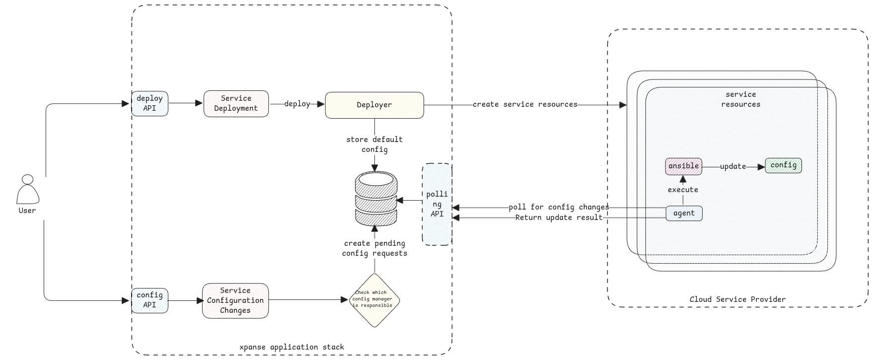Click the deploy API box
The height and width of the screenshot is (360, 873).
149,103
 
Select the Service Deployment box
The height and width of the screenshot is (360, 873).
236,103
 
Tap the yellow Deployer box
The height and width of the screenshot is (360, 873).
374,105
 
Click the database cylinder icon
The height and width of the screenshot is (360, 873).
376,198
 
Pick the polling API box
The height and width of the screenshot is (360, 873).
437,204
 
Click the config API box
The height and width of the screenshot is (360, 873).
149,300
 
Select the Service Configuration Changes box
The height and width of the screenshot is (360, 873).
235,300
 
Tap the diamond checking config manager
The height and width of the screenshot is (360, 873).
374,300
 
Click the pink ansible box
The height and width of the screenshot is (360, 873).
683,166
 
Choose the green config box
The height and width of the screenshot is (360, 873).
783,165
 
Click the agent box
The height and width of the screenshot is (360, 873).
684,213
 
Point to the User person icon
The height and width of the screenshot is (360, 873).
28,190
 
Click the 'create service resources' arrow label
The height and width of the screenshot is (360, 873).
525,104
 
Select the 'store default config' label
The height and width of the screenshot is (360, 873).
374,144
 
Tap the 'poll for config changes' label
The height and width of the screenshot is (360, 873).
559,207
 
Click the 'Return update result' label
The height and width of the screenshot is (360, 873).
559,217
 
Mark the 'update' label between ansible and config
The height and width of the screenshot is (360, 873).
733,166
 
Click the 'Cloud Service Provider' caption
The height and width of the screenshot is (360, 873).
737,299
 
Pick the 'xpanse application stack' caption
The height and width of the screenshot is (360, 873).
291,347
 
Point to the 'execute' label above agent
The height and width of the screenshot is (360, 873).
683,190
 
